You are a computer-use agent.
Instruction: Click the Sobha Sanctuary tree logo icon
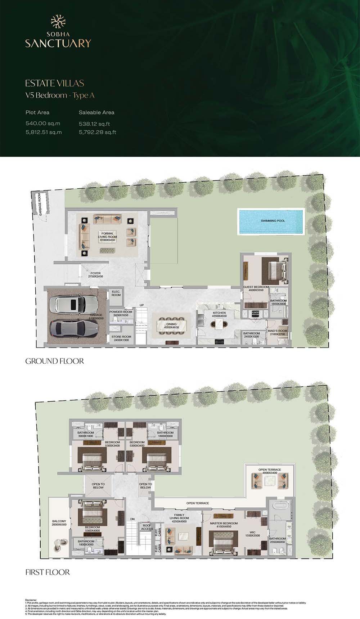coord(58,22)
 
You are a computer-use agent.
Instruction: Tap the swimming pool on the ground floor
coord(270,220)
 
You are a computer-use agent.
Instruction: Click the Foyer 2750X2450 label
coord(95,275)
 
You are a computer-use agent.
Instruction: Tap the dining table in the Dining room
coord(171,326)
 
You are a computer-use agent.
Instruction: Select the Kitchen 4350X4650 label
coord(219,314)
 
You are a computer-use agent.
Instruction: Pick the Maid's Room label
coord(277,332)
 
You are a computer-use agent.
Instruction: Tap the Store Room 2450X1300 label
coord(121,338)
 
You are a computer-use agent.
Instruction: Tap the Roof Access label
coord(147,527)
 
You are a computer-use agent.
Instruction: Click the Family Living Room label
coord(179,520)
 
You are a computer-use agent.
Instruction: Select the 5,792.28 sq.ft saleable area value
coord(97,132)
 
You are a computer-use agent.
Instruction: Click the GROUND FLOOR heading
coord(55,361)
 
